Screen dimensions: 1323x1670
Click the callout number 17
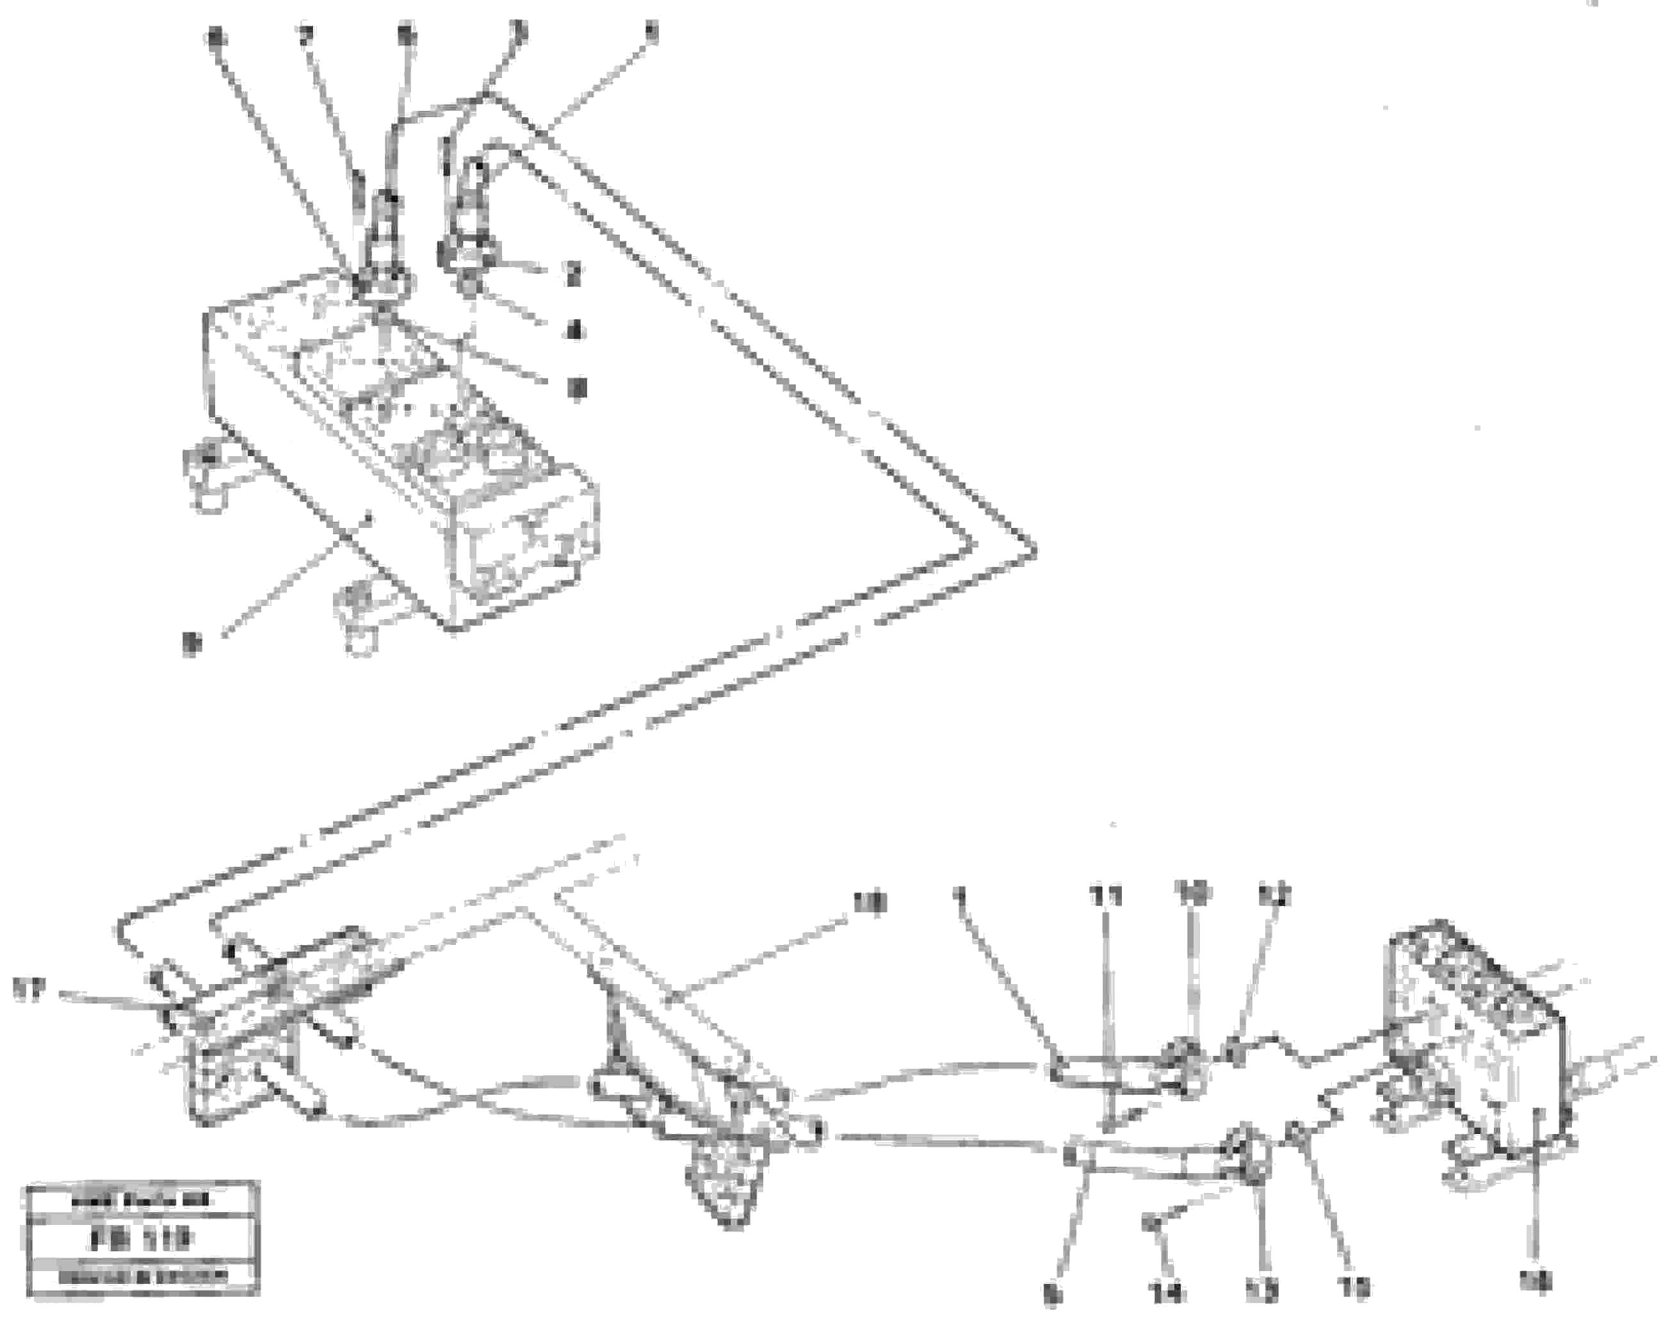31,989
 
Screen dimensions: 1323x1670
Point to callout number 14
1166,1292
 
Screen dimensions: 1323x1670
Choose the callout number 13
1261,1290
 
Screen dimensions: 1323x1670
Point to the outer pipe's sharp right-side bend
1033,548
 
